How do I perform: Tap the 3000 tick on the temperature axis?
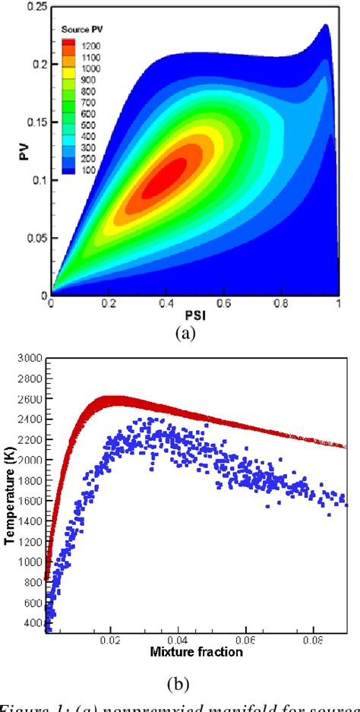[x=28, y=357]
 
